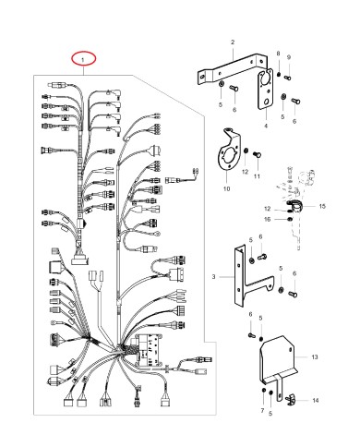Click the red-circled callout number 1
pos(84,59)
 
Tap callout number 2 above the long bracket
pos(232,42)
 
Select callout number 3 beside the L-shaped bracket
pos(213,276)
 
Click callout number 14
pos(317,400)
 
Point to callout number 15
pos(323,207)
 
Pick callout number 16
pos(266,220)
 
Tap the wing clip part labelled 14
pos(287,399)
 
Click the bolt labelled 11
pos(257,162)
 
